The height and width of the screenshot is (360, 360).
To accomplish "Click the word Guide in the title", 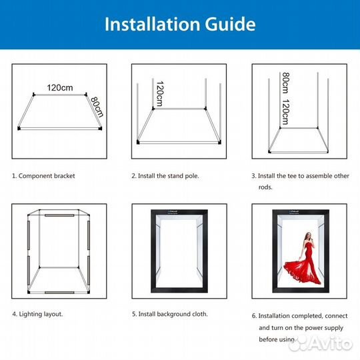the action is tap(230, 24).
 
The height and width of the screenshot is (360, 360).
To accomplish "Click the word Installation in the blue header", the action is tap(152, 24).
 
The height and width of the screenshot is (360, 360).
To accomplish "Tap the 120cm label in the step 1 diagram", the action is tap(60, 87).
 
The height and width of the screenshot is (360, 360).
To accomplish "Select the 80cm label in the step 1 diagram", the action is tap(97, 107).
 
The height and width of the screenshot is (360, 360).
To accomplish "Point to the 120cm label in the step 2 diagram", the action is tap(159, 94).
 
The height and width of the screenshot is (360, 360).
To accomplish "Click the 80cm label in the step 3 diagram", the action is tap(285, 83).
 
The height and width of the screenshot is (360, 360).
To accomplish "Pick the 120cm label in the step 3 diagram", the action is tap(285, 112).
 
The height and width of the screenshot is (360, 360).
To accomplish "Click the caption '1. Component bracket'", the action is tap(43, 176).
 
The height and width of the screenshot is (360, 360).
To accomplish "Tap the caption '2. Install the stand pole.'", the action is tap(165, 176).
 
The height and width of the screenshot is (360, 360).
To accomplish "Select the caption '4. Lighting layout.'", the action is tap(37, 314).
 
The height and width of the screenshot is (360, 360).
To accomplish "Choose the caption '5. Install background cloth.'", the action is tap(170, 314).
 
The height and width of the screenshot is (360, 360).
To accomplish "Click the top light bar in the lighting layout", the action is tap(59, 215).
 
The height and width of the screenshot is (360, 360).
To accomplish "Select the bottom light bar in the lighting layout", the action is tap(59, 293).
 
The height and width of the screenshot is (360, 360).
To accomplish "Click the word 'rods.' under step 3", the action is tap(265, 187).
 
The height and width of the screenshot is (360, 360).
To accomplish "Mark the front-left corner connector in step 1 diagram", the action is tap(19, 129).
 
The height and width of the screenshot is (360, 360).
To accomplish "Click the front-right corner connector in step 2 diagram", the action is tap(219, 143).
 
